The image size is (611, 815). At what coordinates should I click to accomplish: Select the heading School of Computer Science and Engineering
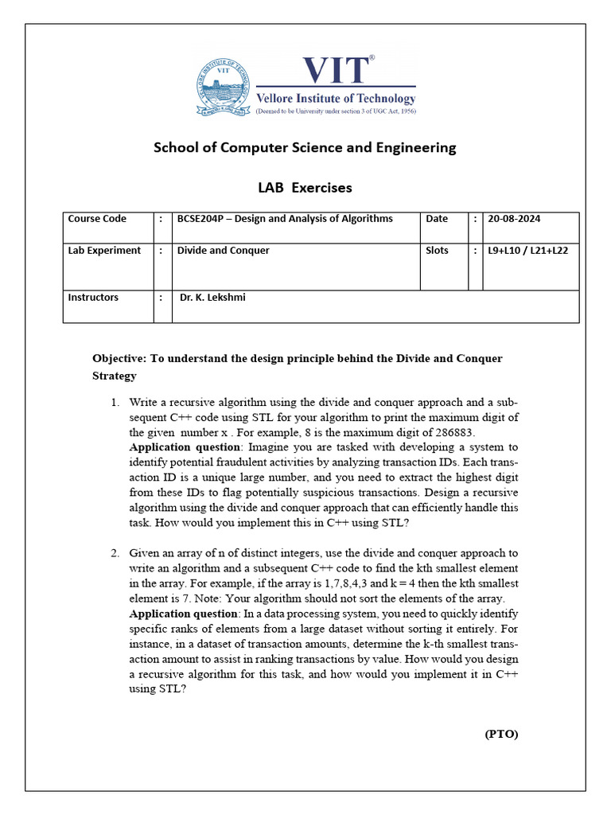pyautogui.click(x=305, y=147)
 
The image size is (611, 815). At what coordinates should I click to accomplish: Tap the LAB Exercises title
pyautogui.click(x=305, y=189)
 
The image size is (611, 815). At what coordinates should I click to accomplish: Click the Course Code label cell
pyautogui.click(x=97, y=219)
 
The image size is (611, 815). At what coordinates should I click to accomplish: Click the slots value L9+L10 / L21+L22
pyautogui.click(x=531, y=251)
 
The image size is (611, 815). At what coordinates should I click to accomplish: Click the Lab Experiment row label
pyautogui.click(x=104, y=251)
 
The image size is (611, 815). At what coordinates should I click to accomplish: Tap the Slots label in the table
pyautogui.click(x=438, y=251)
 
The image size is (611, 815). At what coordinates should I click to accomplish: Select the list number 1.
pyautogui.click(x=115, y=403)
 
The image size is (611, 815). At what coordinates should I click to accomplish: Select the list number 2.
pyautogui.click(x=115, y=552)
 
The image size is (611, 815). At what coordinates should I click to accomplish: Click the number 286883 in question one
pyautogui.click(x=449, y=433)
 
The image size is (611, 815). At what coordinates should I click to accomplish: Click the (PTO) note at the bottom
pyautogui.click(x=501, y=735)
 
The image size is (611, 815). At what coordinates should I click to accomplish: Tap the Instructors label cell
pyautogui.click(x=93, y=298)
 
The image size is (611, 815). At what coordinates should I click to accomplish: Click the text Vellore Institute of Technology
pyautogui.click(x=335, y=99)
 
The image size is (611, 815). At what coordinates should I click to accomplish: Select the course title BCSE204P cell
pyautogui.click(x=284, y=219)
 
